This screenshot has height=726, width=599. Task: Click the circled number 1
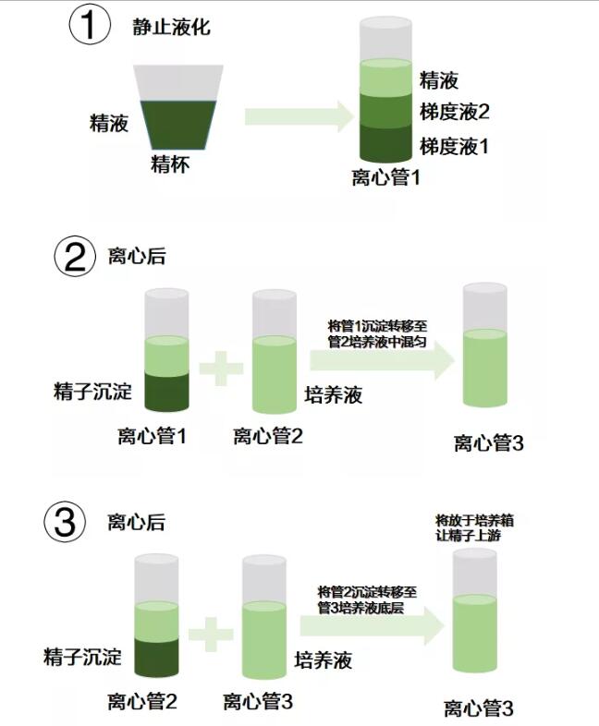click(90, 25)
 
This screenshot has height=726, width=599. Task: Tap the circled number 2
click(75, 256)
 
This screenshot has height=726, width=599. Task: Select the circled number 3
click(65, 522)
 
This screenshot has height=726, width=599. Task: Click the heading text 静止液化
click(171, 27)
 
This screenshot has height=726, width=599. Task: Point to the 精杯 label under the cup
click(170, 164)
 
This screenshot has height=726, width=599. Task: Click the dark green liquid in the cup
click(178, 125)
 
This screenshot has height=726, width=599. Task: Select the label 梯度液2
click(455, 112)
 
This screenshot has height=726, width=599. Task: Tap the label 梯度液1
click(454, 147)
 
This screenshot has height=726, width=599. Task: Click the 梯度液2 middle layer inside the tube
click(385, 110)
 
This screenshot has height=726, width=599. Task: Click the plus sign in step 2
click(221, 369)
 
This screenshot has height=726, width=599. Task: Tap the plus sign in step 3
click(211, 634)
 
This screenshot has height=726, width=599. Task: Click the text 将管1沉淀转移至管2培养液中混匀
click(377, 333)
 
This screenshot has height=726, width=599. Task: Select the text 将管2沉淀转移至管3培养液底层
click(367, 599)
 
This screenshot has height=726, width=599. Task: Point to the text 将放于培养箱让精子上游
click(474, 527)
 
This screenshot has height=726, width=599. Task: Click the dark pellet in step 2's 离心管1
click(166, 392)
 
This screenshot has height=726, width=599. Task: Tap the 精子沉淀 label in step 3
click(82, 657)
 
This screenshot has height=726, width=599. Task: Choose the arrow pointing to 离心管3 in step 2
click(382, 359)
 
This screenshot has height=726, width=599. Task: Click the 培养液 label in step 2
click(334, 395)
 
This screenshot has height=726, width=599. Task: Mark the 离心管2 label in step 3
click(142, 701)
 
